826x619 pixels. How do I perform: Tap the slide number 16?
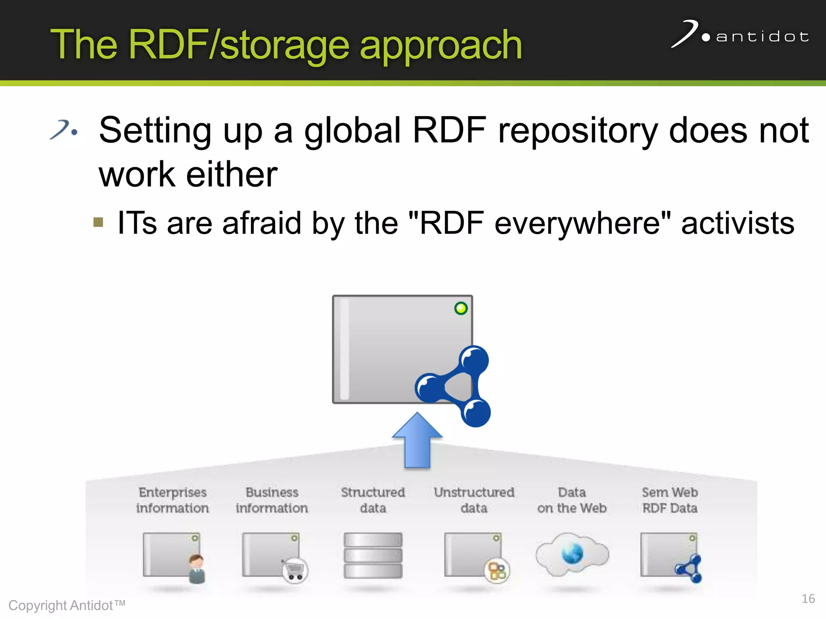(x=808, y=598)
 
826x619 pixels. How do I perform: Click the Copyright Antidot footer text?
(x=67, y=605)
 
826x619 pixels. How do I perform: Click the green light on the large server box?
(x=461, y=309)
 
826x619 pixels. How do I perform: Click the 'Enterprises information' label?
(x=173, y=500)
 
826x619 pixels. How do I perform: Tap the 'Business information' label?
(x=272, y=500)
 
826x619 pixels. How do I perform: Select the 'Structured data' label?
(x=373, y=500)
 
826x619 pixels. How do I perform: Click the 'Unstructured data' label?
(x=474, y=500)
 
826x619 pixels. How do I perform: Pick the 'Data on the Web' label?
(x=572, y=500)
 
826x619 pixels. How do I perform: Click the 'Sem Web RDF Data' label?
(x=670, y=500)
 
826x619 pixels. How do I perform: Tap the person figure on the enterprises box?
(x=197, y=569)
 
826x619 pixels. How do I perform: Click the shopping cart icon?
(x=295, y=570)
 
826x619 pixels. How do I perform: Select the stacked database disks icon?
(x=373, y=555)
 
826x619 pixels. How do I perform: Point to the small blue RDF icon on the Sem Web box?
(x=690, y=569)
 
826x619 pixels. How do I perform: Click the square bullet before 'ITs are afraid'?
(x=98, y=222)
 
